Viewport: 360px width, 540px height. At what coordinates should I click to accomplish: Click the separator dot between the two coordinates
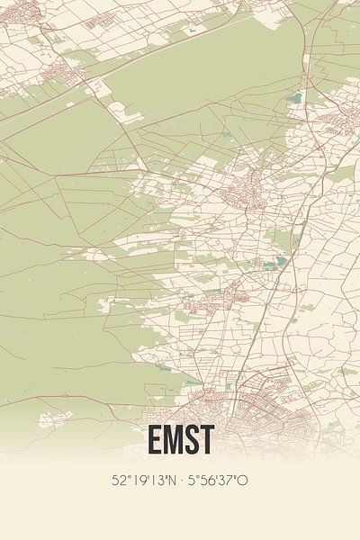pyautogui.click(x=180, y=481)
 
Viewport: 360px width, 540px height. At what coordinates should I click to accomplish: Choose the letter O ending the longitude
pyautogui.click(x=242, y=481)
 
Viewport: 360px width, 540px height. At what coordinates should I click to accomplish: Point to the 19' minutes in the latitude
pyautogui.click(x=138, y=481)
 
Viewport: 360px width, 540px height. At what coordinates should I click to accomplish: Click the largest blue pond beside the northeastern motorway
pyautogui.click(x=294, y=98)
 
